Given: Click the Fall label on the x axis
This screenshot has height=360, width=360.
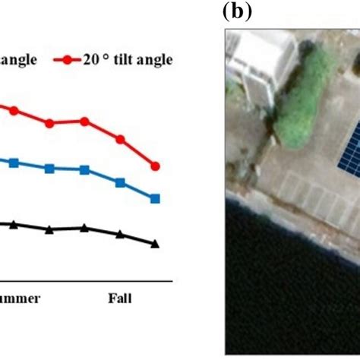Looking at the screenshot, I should pyautogui.click(x=119, y=298).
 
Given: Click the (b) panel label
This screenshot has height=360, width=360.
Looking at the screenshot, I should pyautogui.click(x=236, y=11).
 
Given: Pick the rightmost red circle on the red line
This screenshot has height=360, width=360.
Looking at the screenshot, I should pyautogui.click(x=156, y=166).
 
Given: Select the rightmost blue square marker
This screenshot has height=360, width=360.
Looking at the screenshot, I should pyautogui.click(x=156, y=198).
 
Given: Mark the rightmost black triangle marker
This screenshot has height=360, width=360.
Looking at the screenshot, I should pyautogui.click(x=156, y=244).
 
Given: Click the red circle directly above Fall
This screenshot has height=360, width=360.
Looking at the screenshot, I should pyautogui.click(x=120, y=139).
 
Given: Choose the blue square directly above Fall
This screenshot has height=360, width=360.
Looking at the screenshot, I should pyautogui.click(x=120, y=182).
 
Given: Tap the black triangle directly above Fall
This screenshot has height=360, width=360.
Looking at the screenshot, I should pyautogui.click(x=120, y=234).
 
